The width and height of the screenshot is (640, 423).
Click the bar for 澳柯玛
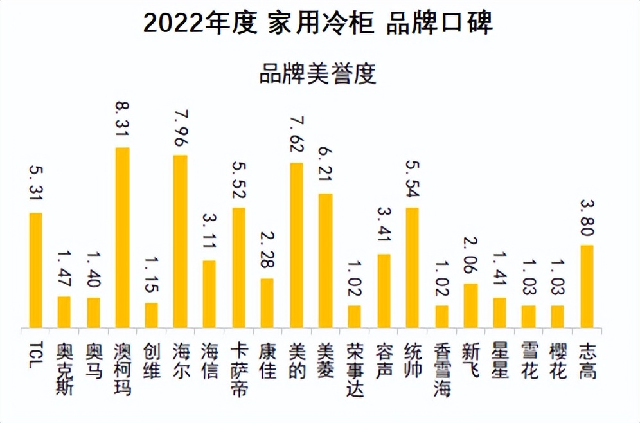click(x=122, y=237)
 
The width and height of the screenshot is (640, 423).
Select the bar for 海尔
click(x=181, y=241)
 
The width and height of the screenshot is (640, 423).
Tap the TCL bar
click(x=35, y=270)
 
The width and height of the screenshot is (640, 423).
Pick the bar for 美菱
click(x=326, y=260)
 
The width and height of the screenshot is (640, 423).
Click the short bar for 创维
click(x=151, y=315)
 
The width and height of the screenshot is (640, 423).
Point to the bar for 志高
click(x=586, y=286)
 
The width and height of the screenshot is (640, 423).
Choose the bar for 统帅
click(x=413, y=267)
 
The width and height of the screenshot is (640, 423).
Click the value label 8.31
click(x=122, y=120)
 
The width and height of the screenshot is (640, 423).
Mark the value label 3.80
click(x=586, y=218)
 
